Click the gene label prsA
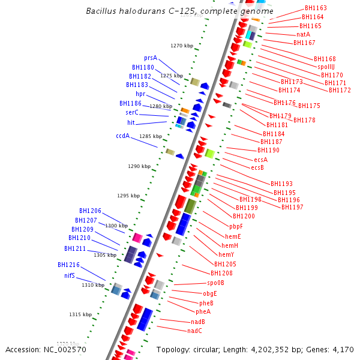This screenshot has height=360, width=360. click(150, 58)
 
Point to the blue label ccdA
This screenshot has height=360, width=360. click(123, 136)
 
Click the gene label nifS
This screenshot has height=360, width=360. click(70, 275)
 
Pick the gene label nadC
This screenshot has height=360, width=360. click(194, 331)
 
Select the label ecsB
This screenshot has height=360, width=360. click(257, 167)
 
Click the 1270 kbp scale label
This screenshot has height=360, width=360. click(182, 46)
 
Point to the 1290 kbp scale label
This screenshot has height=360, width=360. click(139, 166)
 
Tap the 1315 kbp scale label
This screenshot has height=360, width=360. click(80, 314)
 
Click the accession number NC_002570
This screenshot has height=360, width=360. click(67, 349)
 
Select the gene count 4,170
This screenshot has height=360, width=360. click(343, 349)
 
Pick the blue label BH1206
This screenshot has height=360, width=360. click(90, 211)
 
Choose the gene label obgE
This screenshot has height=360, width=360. click(209, 293)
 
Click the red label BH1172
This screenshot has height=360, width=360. click(340, 90)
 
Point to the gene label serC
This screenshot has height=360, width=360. click(132, 113)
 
